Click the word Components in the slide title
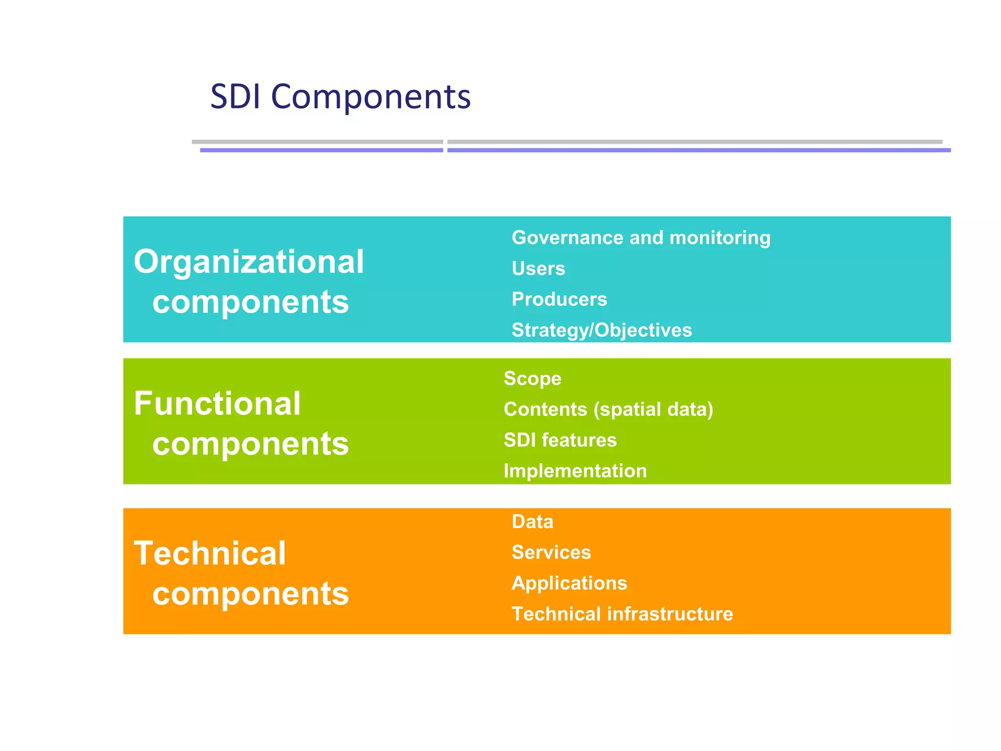click(x=370, y=96)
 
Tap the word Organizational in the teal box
click(x=249, y=262)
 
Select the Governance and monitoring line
click(x=641, y=238)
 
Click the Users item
click(x=538, y=268)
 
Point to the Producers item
click(x=559, y=299)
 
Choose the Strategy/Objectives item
click(x=602, y=330)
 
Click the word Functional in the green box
click(x=217, y=403)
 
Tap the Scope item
click(x=532, y=378)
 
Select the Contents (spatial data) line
click(x=609, y=409)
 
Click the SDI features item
click(x=560, y=440)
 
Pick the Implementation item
click(x=575, y=471)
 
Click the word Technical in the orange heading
click(x=210, y=553)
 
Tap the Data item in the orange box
click(x=532, y=522)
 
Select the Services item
click(x=551, y=552)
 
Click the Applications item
click(x=569, y=583)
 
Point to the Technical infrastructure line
click(x=622, y=614)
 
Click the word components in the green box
click(x=250, y=444)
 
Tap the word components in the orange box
click(x=250, y=594)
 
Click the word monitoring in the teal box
click(x=719, y=238)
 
